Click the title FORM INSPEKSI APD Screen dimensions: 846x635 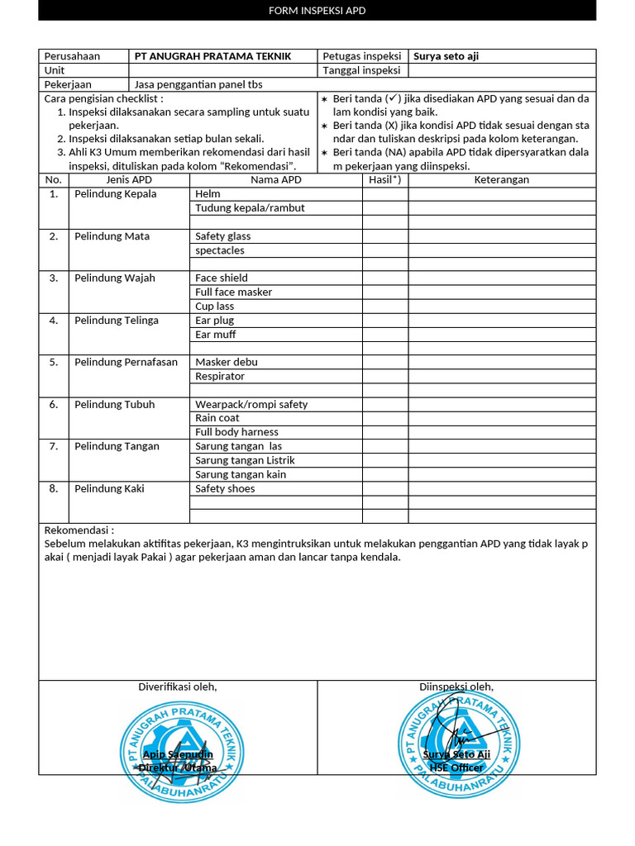317,11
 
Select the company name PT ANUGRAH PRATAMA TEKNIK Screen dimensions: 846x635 213,56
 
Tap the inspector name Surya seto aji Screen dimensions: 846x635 446,56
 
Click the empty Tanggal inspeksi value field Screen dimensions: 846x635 502,70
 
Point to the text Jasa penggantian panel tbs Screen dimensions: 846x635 198,84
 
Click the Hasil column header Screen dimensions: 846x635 384,179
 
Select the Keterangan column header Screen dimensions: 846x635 502,179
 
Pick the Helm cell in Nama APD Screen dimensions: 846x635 208,193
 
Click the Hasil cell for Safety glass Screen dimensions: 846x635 384,236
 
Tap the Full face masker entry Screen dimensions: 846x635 233,292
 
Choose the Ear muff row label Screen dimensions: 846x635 216,334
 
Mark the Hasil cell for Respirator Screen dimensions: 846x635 384,376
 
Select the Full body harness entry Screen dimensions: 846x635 236,432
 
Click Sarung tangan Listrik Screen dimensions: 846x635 245,460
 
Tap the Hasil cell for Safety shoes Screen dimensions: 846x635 384,488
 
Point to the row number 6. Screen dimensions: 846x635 53,404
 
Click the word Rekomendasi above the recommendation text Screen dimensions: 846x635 79,530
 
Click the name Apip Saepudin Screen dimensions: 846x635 178,754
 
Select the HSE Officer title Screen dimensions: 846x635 456,768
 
